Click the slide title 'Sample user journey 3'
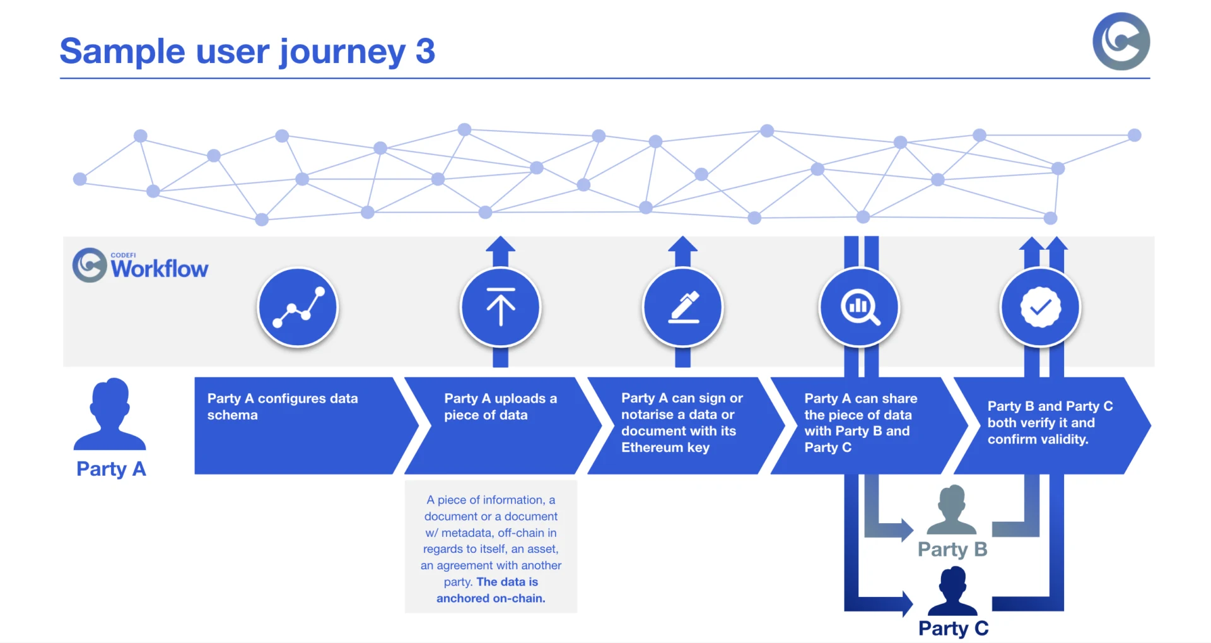247,51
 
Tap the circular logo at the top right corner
1121,41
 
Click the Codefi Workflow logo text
159,268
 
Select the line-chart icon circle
298,307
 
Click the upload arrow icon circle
501,307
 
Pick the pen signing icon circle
683,307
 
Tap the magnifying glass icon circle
859,307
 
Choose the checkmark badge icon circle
1041,307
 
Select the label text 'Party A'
111,469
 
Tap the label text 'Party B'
952,550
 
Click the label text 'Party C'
953,628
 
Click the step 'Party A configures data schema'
283,407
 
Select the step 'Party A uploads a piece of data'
500,407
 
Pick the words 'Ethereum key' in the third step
665,447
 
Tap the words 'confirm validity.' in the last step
1038,439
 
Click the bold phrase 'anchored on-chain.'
491,598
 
